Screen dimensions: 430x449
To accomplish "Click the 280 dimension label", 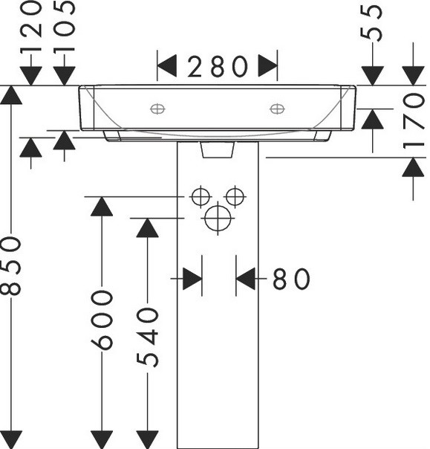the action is click(218, 66).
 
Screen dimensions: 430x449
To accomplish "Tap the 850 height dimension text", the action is click(11, 266).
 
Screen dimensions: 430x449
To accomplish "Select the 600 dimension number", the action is click(102, 320).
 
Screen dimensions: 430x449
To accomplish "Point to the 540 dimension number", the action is click(147, 337).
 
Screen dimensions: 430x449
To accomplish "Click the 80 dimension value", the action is click(291, 278).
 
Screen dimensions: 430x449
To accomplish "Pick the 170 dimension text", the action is click(414, 120).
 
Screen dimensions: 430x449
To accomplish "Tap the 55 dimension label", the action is click(371, 23).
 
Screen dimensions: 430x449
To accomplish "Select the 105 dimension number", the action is click(64, 28).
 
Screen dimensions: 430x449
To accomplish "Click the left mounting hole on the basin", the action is click(157, 109).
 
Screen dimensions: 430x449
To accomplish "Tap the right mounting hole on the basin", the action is click(277, 109).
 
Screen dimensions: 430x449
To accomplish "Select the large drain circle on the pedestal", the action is click(218, 219).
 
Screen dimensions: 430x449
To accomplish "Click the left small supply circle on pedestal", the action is click(201, 197).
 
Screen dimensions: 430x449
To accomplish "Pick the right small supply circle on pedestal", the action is click(235, 197).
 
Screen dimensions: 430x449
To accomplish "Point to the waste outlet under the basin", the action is click(218, 149).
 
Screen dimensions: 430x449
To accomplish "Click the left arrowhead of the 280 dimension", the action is click(167, 66).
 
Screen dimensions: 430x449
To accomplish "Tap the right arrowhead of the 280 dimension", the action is click(268, 66).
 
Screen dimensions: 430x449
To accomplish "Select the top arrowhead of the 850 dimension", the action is click(11, 95).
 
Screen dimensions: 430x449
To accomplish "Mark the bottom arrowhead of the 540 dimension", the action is click(147, 439).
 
